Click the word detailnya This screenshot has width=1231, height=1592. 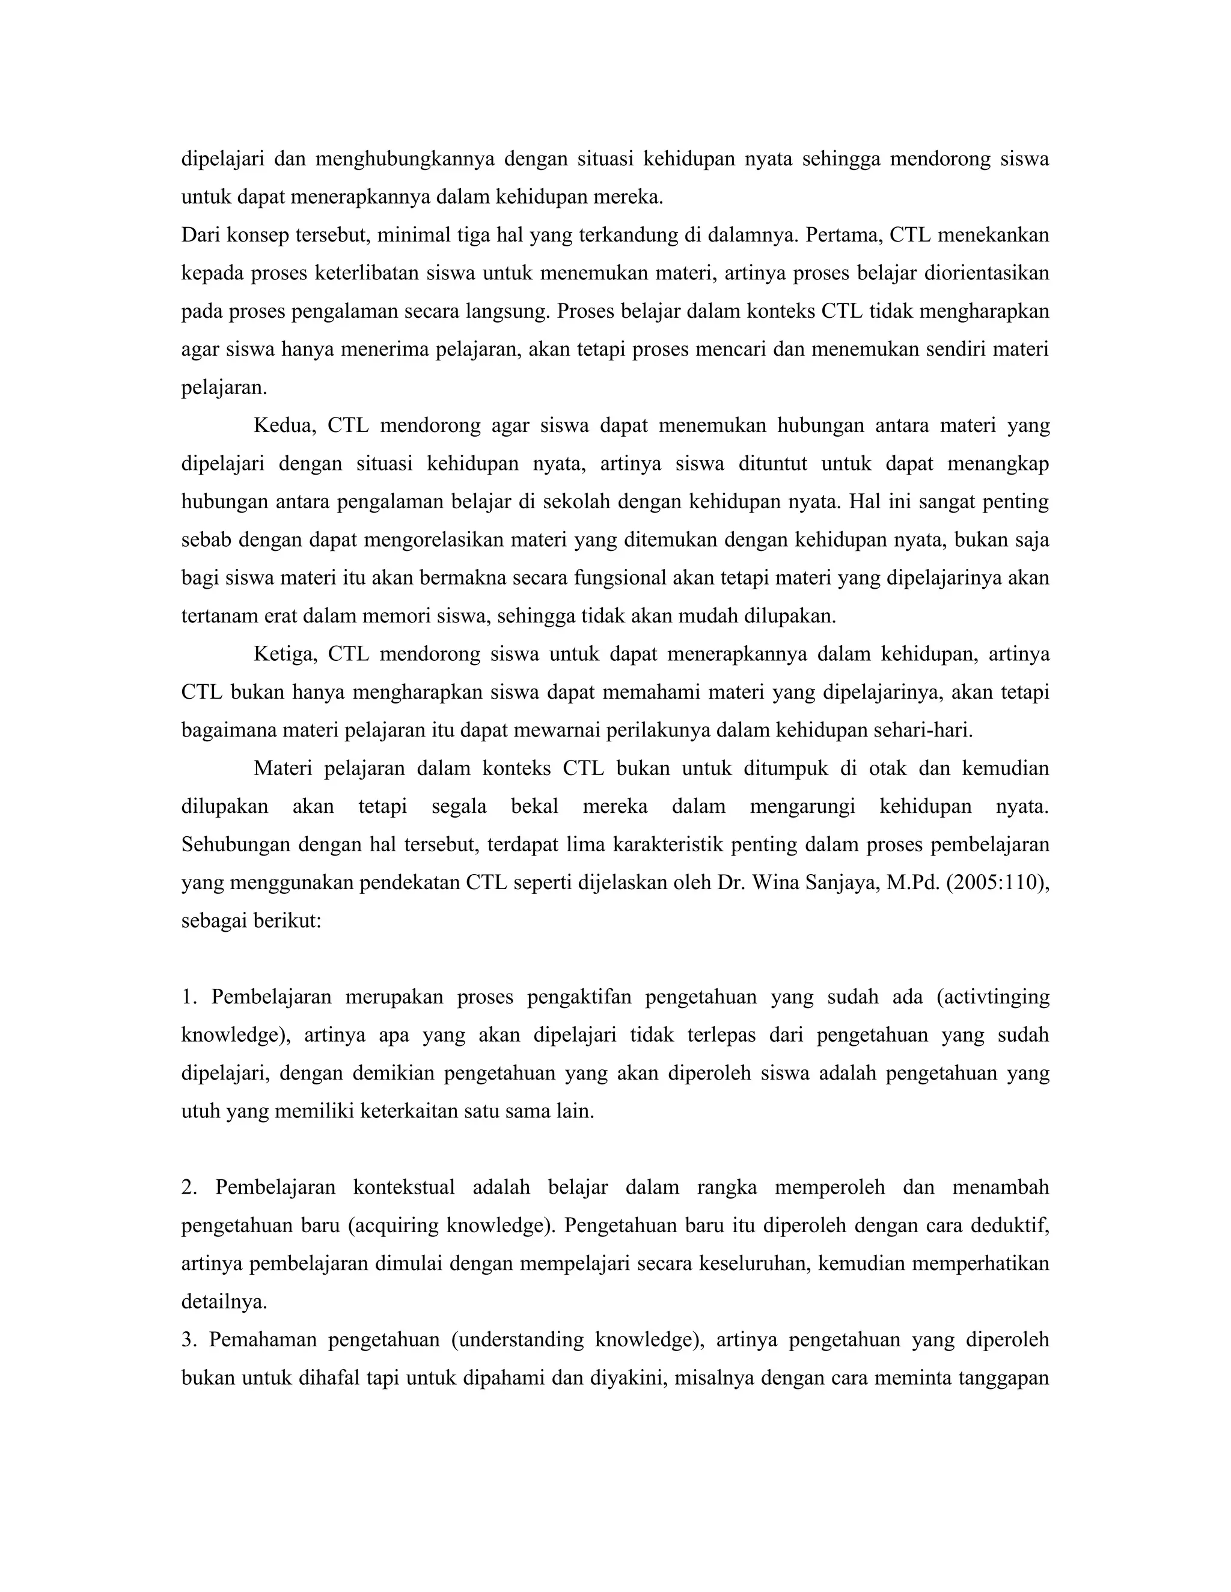pos(224,1301)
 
